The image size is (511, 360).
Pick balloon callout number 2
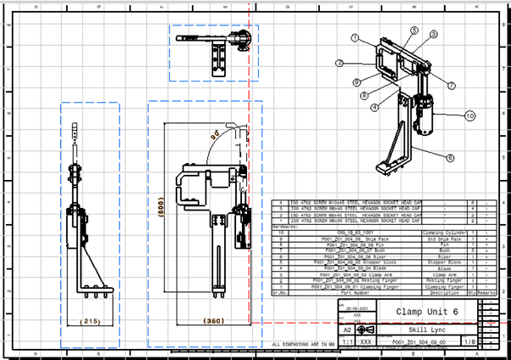click(339, 63)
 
